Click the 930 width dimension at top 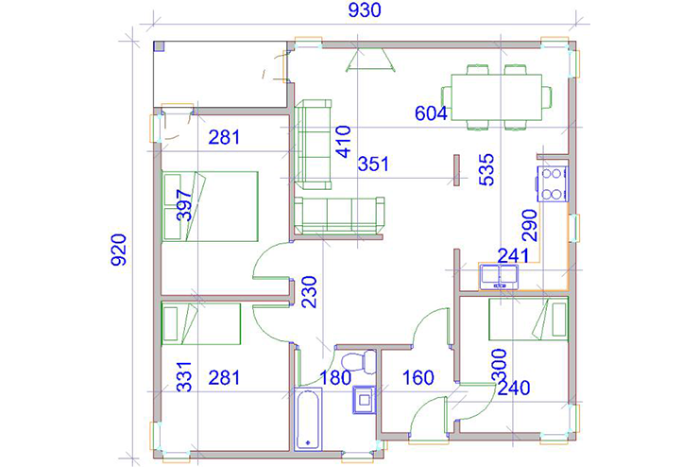click(x=365, y=10)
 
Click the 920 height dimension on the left click(x=119, y=250)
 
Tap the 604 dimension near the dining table click(x=431, y=113)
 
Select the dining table click(x=497, y=97)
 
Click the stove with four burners click(x=553, y=183)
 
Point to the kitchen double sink click(x=499, y=277)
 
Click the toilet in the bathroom click(x=359, y=361)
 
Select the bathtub click(x=308, y=419)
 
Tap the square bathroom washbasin click(x=365, y=400)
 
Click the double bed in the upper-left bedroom click(x=210, y=206)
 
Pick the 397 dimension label click(x=184, y=205)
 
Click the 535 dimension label click(x=486, y=169)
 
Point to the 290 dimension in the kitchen click(x=530, y=226)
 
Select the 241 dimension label click(x=513, y=256)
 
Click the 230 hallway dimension click(x=309, y=292)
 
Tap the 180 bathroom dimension click(x=335, y=378)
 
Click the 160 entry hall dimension click(x=418, y=378)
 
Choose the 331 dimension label click(x=183, y=377)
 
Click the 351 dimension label click(x=373, y=164)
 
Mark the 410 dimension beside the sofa click(x=343, y=143)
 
